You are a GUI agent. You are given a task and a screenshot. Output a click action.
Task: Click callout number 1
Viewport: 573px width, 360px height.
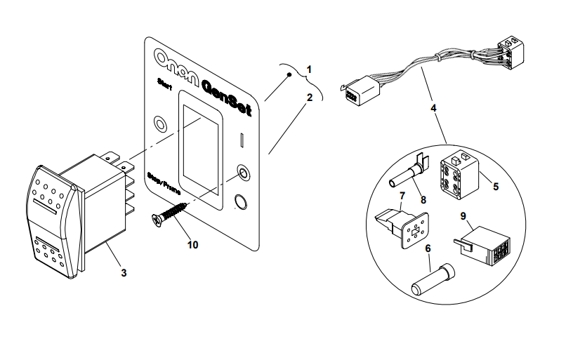(309, 69)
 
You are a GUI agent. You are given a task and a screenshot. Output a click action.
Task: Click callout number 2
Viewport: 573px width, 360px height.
(309, 98)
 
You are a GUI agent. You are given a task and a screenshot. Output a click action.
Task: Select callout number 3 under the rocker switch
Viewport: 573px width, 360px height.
(124, 272)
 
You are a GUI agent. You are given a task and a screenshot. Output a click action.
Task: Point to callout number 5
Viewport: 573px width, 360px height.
(496, 187)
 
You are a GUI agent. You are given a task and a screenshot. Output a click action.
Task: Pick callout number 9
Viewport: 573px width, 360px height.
(463, 215)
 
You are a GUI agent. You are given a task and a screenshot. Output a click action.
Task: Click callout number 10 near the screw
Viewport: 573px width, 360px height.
(192, 244)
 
